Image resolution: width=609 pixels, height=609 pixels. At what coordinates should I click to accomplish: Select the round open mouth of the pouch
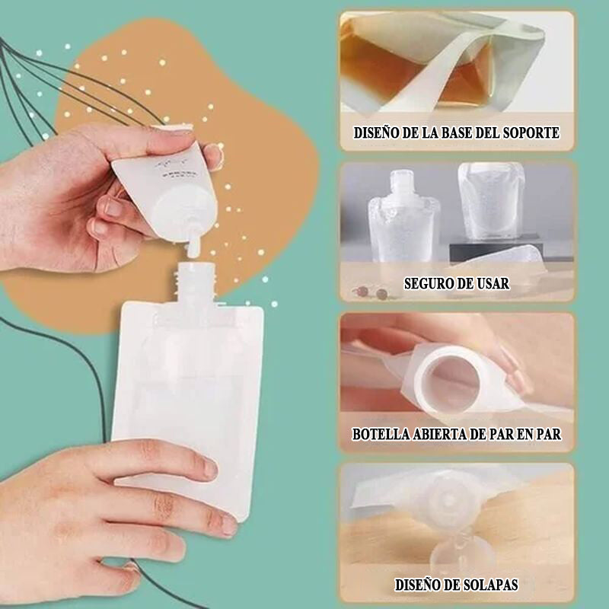pos(450,379)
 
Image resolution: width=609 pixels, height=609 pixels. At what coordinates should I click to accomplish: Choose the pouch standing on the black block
pos(490,200)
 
